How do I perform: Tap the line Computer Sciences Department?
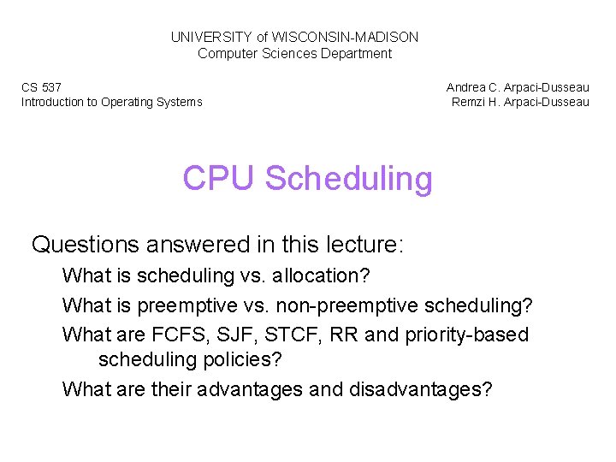(294, 53)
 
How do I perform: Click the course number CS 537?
(41, 87)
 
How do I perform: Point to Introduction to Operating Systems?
(111, 102)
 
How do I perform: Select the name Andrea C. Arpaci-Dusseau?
(518, 87)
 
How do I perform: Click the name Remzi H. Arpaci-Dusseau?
(520, 102)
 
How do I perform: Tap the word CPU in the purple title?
(219, 179)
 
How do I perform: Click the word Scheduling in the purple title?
(349, 179)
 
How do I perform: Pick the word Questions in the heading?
(85, 245)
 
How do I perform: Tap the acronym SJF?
(242, 335)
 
